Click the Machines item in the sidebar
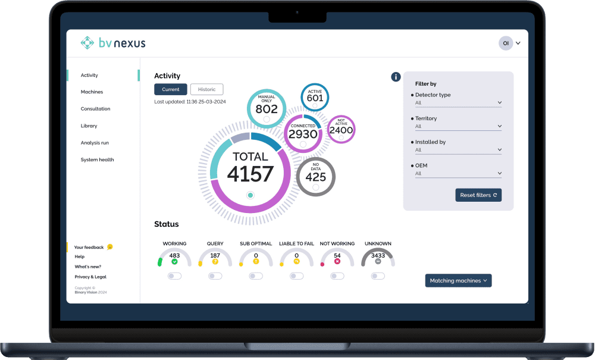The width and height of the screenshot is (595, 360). coord(92,92)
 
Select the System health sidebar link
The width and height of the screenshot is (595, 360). coord(97,159)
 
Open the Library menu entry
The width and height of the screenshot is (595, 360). coord(89,126)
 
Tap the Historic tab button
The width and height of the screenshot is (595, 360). coord(206,89)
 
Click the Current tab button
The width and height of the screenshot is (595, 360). coord(171,89)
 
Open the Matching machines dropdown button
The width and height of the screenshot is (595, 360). coord(458,281)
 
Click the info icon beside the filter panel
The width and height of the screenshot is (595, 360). coord(396,77)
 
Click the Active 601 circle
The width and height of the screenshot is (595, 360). coord(315,97)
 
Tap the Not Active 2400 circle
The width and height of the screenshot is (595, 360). coord(341,129)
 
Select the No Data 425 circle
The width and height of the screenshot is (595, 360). coord(315,176)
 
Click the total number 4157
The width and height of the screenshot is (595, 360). coord(250,174)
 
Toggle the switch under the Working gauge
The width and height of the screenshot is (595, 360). coord(174,276)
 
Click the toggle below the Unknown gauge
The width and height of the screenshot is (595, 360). coord(377,276)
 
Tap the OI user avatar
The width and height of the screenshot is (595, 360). coord(506,43)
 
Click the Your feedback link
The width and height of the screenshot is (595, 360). coord(89,247)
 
